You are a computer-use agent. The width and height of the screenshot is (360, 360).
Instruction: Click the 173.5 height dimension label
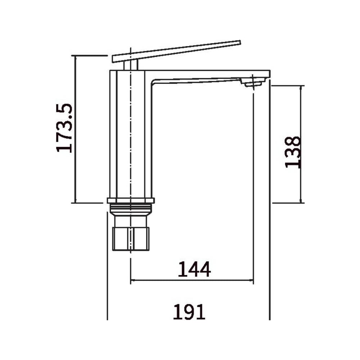click(x=64, y=128)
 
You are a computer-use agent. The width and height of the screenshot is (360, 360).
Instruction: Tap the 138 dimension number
click(x=293, y=152)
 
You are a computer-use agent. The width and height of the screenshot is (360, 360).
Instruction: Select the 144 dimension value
click(x=194, y=269)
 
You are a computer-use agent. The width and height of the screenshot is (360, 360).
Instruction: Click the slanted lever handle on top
click(x=176, y=51)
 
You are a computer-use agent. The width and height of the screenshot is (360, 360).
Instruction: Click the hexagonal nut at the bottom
click(x=131, y=239)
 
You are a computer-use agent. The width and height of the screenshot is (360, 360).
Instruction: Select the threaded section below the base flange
click(x=131, y=208)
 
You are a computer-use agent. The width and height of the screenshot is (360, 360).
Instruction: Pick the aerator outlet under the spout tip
click(x=253, y=83)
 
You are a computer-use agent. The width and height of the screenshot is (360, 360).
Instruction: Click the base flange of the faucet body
click(x=131, y=201)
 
